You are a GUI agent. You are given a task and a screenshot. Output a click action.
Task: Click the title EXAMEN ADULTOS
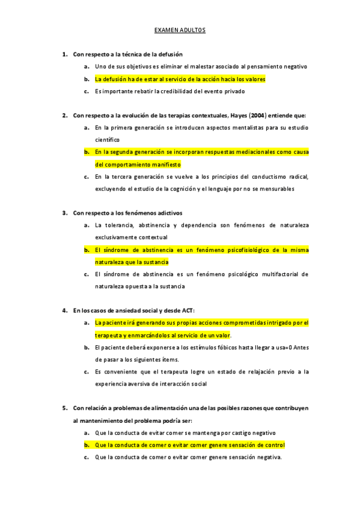[180, 29]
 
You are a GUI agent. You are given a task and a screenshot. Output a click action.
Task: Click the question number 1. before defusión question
[64, 54]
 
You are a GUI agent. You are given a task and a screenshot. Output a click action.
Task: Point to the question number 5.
[64, 408]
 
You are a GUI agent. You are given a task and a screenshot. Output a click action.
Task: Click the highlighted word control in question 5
[274, 445]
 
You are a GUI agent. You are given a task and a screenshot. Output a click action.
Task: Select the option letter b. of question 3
[87, 250]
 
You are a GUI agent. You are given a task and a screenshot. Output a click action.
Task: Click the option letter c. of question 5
[87, 457]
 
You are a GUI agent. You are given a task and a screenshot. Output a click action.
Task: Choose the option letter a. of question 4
[87, 323]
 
